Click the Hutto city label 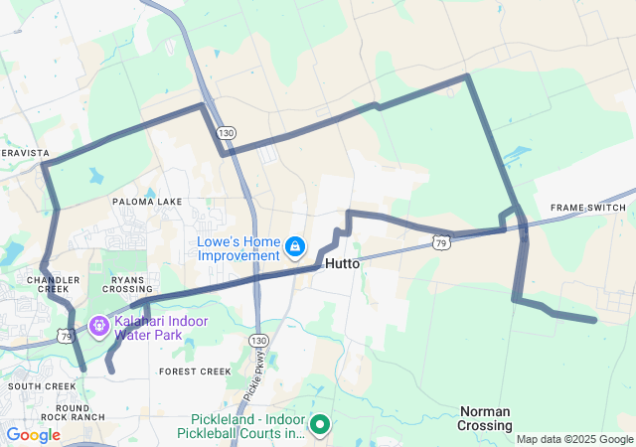(x=342, y=263)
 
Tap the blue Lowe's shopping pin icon (x=295, y=245)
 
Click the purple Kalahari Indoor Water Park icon (x=98, y=325)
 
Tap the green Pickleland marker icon (x=320, y=424)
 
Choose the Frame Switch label (x=588, y=208)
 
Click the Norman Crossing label (x=485, y=418)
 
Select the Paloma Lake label (x=147, y=202)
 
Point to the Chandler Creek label (x=53, y=287)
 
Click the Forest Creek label (x=195, y=372)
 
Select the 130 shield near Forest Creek (x=258, y=341)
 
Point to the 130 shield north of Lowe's (x=228, y=132)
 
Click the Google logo (x=34, y=434)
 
